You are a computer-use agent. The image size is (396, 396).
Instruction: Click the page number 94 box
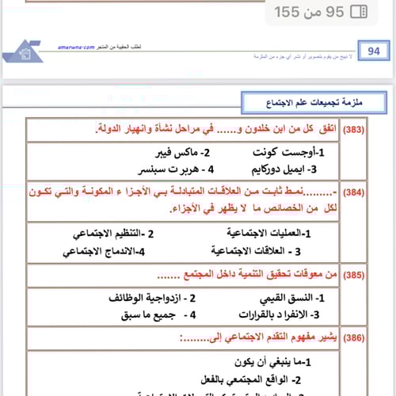coord(374,51)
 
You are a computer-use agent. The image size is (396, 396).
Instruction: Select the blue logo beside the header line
coord(21,51)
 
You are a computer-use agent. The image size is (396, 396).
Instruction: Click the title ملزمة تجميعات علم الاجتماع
coord(303,103)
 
